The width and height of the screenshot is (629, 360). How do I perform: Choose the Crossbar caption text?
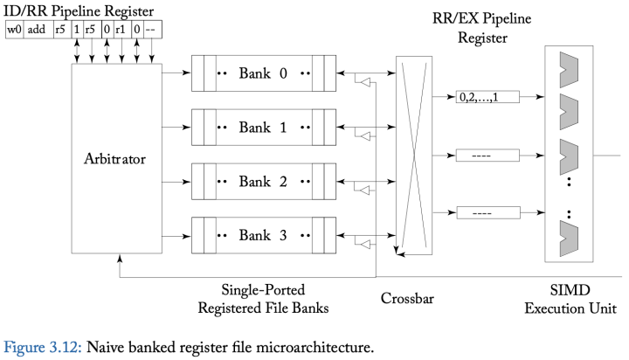tap(409, 298)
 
